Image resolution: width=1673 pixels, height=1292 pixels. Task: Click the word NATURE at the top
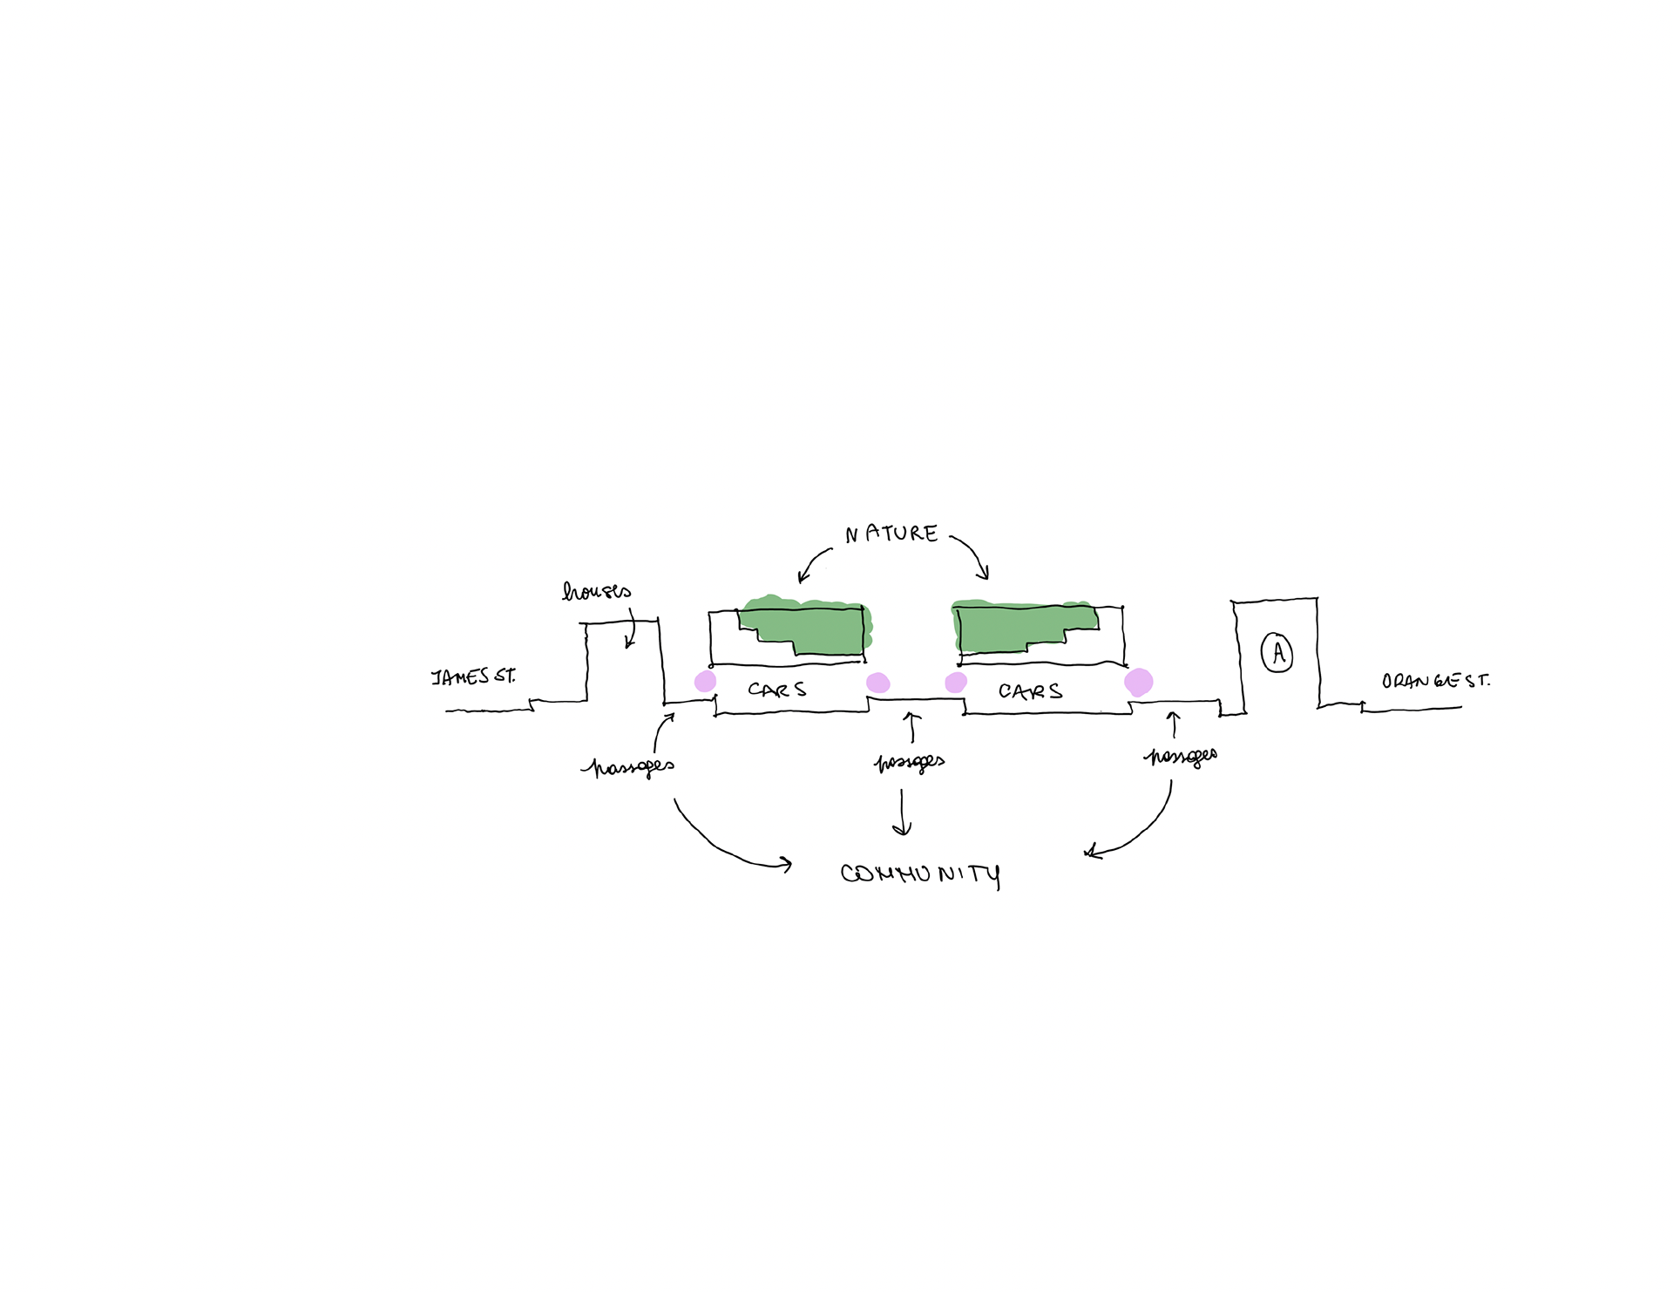coord(891,534)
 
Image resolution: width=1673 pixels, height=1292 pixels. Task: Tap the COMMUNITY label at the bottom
coord(920,874)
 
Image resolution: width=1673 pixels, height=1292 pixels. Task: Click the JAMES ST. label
coord(473,677)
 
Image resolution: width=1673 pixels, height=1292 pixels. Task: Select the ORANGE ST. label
coord(1435,681)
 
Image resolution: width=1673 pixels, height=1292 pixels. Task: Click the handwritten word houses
coord(597,592)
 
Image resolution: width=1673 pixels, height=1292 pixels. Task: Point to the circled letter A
coord(1277,653)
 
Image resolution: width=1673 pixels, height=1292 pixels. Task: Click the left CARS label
coord(777,690)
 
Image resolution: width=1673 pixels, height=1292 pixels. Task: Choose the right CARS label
coord(1031,692)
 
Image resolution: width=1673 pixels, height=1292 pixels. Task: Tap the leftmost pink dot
coord(705,682)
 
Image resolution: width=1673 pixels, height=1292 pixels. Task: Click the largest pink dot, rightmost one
coord(1139,682)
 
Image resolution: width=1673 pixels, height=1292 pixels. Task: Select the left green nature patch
coord(806,626)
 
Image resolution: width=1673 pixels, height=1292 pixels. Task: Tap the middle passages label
coord(910,763)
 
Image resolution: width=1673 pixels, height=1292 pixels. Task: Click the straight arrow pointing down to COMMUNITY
coord(903,813)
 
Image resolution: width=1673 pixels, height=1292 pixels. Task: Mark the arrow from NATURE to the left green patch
coord(813,562)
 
